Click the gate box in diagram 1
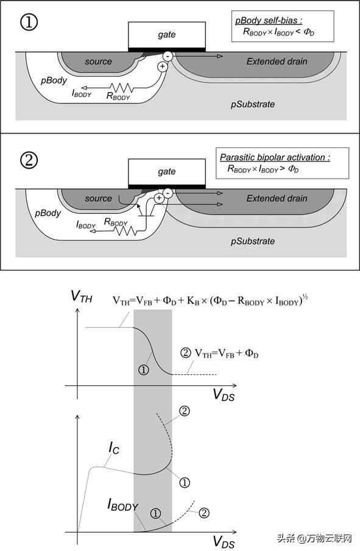pyautogui.click(x=167, y=35)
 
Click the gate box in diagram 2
pyautogui.click(x=167, y=172)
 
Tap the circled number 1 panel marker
pyautogui.click(x=29, y=23)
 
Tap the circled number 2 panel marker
pyautogui.click(x=29, y=160)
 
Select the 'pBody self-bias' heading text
pyautogui.click(x=269, y=20)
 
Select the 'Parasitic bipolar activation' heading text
pyautogui.click(x=275, y=157)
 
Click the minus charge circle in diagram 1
pyautogui.click(x=168, y=56)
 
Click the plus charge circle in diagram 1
pyautogui.click(x=163, y=66)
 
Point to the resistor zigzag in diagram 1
pyautogui.click(x=121, y=88)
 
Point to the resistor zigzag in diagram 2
pyautogui.click(x=125, y=230)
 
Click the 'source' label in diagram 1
pyautogui.click(x=98, y=62)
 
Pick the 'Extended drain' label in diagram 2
pyautogui.click(x=277, y=199)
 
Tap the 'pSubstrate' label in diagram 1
pyautogui.click(x=253, y=104)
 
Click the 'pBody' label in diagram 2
pyautogui.click(x=48, y=213)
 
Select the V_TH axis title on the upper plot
pyautogui.click(x=81, y=296)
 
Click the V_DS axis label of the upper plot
pyautogui.click(x=224, y=394)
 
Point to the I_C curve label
pyautogui.click(x=114, y=448)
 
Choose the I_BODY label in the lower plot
pyautogui.click(x=122, y=505)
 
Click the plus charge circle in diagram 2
pyautogui.click(x=159, y=198)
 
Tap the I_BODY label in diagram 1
pyautogui.click(x=82, y=93)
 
